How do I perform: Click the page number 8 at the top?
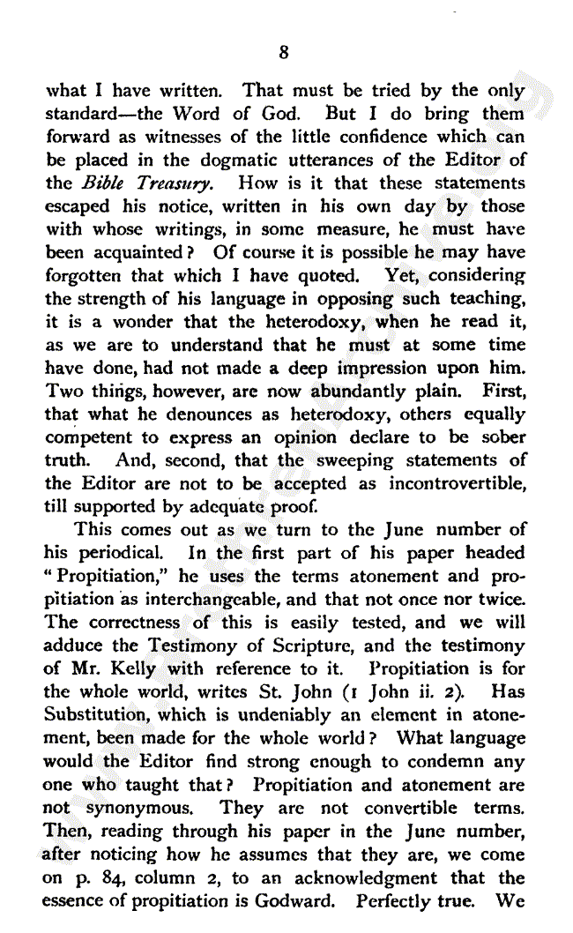[x=283, y=53]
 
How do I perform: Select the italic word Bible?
[x=102, y=183]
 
